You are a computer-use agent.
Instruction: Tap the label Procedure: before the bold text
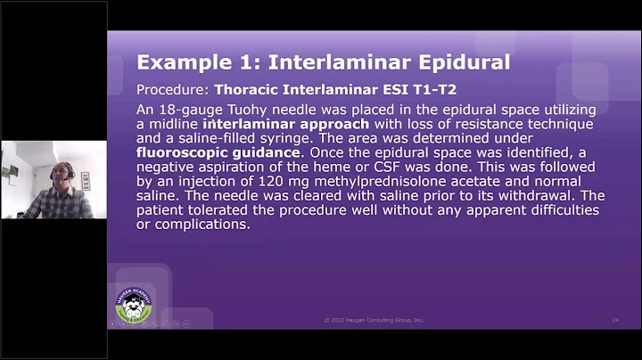171,90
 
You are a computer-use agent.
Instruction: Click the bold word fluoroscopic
182,152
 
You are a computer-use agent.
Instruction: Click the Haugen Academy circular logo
133,306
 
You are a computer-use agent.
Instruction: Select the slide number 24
615,320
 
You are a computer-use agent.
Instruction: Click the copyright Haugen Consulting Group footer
374,320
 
